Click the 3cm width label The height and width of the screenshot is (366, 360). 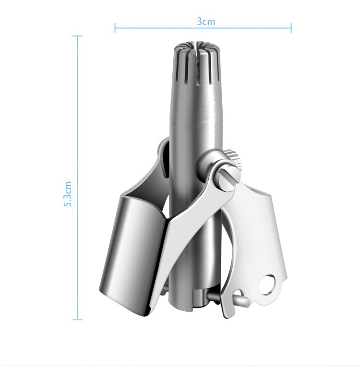point(206,22)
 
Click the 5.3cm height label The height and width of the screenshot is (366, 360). point(68,194)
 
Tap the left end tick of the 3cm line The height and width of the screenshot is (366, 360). point(115,28)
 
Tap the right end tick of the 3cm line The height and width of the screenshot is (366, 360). point(291,28)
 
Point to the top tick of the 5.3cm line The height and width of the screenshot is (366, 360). point(77,36)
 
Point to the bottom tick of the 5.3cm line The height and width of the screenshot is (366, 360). point(77,319)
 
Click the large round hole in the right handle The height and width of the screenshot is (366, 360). point(267,285)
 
